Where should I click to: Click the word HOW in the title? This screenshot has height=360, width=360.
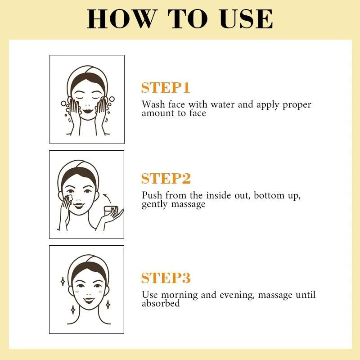(x=121, y=18)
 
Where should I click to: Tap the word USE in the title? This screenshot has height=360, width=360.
(x=246, y=18)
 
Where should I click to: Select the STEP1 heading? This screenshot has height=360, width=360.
(x=166, y=87)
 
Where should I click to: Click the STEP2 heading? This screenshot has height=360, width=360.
(x=166, y=178)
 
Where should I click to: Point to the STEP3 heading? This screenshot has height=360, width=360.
(x=166, y=278)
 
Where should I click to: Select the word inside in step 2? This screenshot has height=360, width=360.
(x=219, y=195)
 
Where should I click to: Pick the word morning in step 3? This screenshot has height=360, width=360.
(x=179, y=295)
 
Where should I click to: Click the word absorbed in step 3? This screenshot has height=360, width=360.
(x=161, y=303)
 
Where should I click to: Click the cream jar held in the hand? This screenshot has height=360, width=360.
(x=111, y=211)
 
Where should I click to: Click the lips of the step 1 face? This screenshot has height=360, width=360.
(x=87, y=111)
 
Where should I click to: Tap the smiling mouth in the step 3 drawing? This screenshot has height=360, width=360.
(x=89, y=300)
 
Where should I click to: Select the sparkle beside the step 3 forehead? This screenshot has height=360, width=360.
(x=63, y=281)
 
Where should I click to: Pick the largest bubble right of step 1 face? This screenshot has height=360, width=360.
(x=112, y=99)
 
